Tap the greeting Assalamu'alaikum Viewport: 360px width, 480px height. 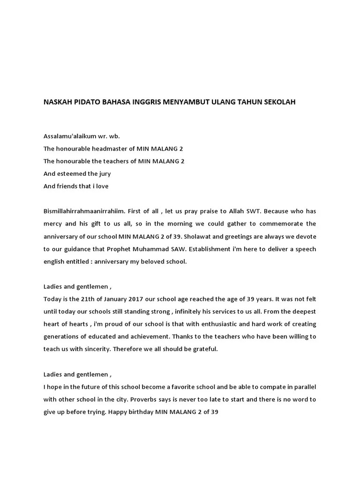point(68,136)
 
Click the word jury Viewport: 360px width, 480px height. point(103,173)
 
